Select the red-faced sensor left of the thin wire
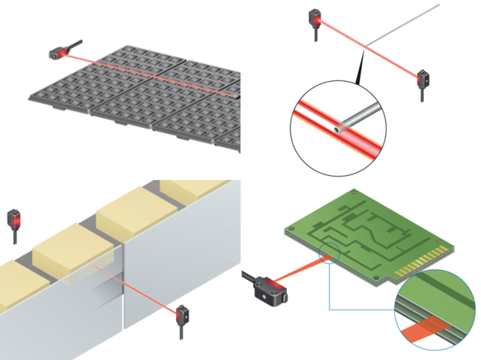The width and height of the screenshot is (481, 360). (317, 17)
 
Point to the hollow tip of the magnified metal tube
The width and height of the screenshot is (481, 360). (338, 128)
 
